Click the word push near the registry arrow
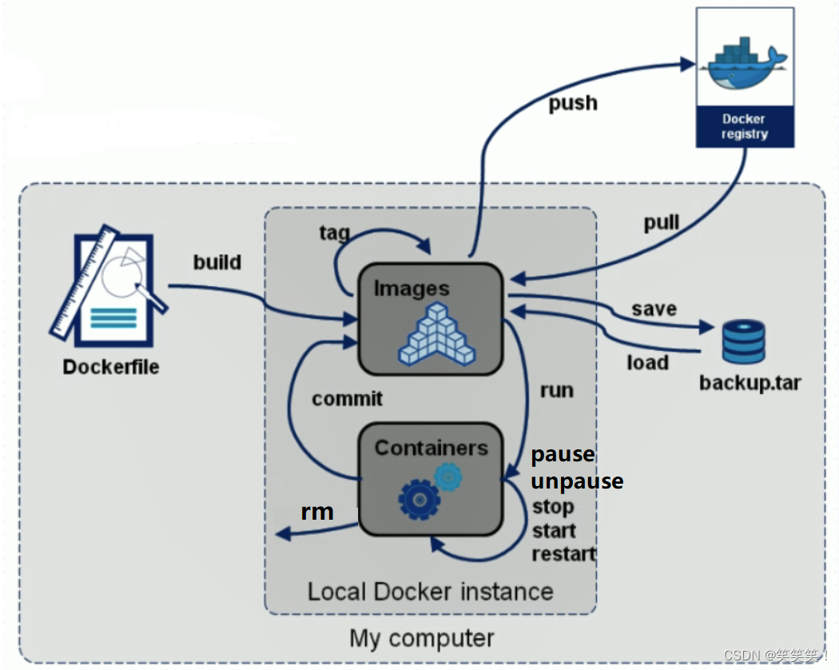572,103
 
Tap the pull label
662,223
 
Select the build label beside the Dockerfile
217,261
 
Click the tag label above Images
334,232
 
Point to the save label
654,309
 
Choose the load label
647,362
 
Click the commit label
347,398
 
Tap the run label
556,390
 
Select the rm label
317,512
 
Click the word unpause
577,481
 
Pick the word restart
564,553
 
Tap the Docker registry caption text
745,126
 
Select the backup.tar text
750,382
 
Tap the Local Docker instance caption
430,592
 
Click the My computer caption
422,639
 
